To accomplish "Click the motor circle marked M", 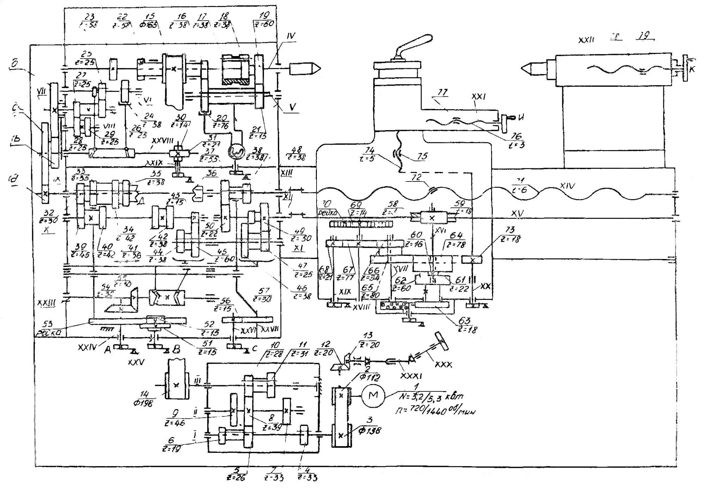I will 373,395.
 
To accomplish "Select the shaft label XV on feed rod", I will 517,213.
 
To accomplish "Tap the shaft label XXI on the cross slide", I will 478,97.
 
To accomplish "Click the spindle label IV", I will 291,36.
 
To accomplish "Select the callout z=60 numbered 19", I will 264,20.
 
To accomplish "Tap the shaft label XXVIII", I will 163,140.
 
